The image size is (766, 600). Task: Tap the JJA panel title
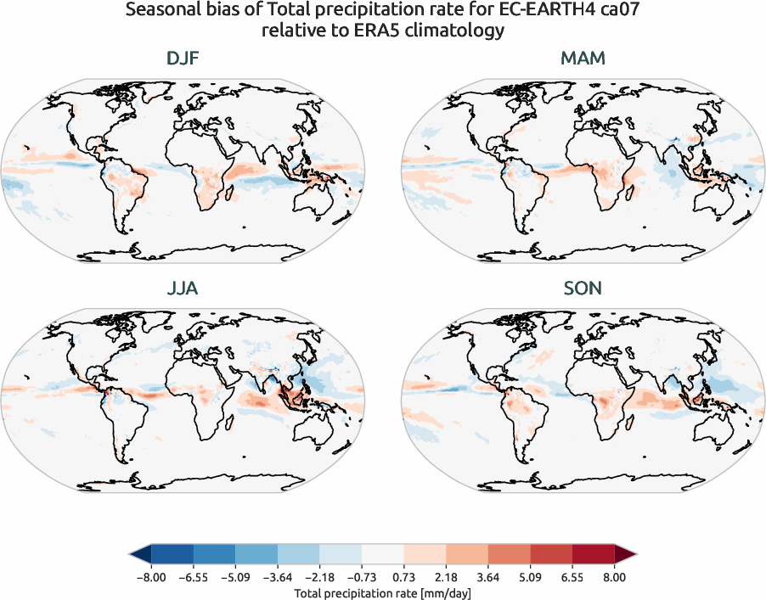tap(183, 289)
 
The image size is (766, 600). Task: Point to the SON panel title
tap(583, 289)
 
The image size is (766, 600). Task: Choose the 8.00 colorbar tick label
tap(615, 577)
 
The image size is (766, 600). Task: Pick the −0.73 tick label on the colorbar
tap(361, 577)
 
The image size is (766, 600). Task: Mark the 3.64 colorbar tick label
tap(488, 577)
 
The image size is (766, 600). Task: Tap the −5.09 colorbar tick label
tap(234, 577)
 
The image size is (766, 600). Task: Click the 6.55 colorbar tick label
tap(572, 577)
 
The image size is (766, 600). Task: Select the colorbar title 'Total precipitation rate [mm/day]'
tap(382, 592)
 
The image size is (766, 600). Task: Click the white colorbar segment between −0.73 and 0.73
tap(382, 555)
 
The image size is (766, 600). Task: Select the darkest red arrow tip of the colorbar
tap(626, 555)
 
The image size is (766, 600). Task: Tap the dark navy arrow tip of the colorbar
tap(139, 555)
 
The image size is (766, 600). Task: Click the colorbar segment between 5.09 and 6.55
tap(551, 555)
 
